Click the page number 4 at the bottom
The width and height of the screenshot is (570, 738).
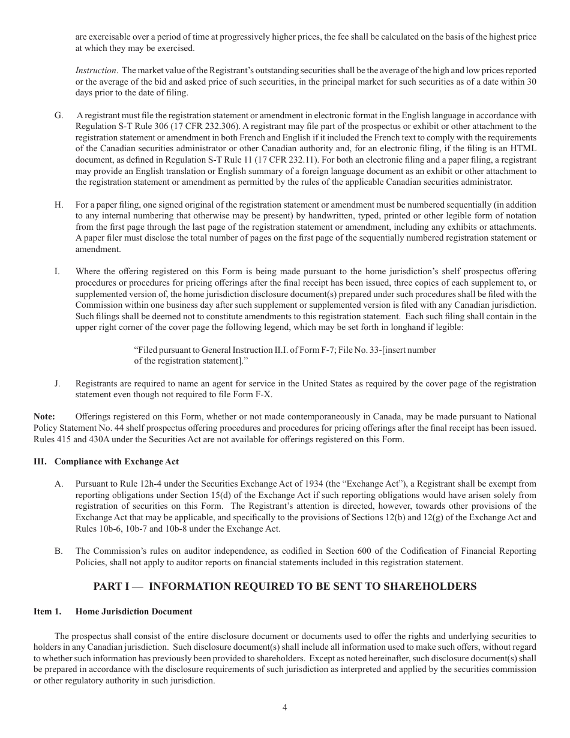tap(285, 707)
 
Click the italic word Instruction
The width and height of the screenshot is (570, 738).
tap(94, 71)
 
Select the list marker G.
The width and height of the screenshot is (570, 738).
tap(58, 115)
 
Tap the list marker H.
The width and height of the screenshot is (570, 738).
tap(58, 205)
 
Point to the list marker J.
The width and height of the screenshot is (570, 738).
tap(58, 383)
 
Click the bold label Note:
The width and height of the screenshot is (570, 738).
tap(44, 416)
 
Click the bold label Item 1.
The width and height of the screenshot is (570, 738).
tap(47, 611)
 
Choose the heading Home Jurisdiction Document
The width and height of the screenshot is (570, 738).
tap(134, 611)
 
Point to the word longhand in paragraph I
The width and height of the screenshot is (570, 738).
tap(417, 328)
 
